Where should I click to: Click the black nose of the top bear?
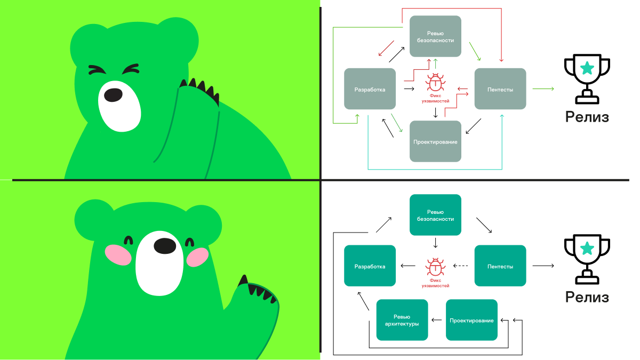(113, 94)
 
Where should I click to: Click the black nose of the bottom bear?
(165, 246)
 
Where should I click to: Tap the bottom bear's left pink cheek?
(117, 254)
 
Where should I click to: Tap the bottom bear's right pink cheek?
(198, 257)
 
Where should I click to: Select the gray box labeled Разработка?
(370, 89)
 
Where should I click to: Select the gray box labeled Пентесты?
(500, 89)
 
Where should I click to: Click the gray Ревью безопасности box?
(435, 36)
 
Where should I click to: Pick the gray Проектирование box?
(435, 141)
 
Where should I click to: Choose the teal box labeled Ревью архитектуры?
(402, 320)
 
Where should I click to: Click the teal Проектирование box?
(471, 320)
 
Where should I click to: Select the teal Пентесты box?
(500, 266)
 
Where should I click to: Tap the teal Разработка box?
(370, 266)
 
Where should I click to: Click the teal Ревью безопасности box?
(435, 215)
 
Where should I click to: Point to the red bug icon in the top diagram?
(436, 84)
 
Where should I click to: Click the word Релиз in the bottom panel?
(587, 297)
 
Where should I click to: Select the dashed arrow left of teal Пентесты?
(460, 266)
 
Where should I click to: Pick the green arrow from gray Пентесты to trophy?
(543, 89)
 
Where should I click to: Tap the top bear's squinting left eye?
(97, 70)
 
